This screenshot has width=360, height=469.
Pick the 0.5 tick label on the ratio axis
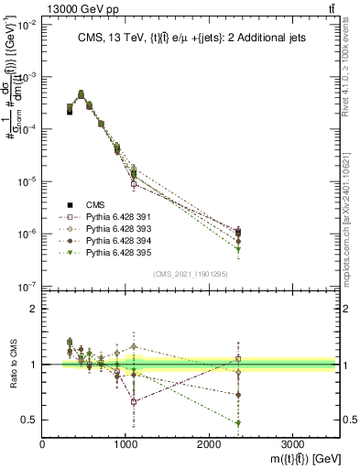tap(30, 420)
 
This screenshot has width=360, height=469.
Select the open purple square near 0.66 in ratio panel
tap(134, 401)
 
